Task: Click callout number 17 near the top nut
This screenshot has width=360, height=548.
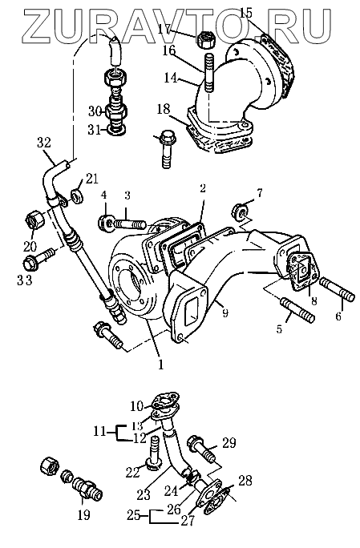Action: click(x=164, y=29)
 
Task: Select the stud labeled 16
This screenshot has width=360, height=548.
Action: click(x=208, y=72)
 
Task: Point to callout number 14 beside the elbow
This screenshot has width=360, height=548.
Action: click(x=171, y=77)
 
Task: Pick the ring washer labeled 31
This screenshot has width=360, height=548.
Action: click(x=117, y=131)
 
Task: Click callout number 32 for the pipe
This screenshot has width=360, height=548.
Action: click(x=44, y=143)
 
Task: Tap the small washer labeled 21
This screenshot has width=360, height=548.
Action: click(x=77, y=195)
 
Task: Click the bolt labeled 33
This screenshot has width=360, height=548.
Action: click(x=38, y=257)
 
